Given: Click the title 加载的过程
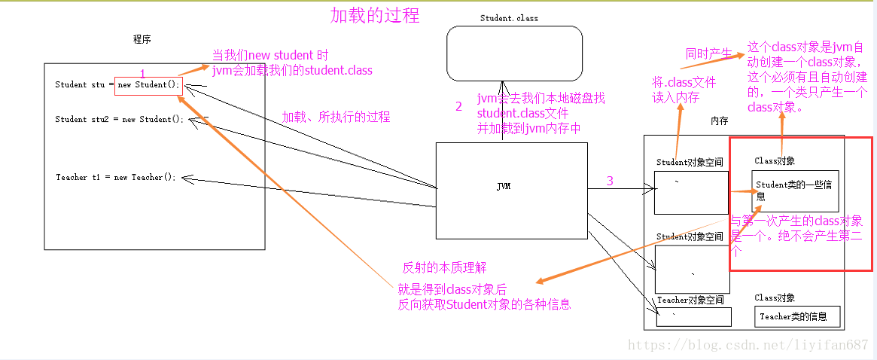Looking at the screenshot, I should [x=375, y=14].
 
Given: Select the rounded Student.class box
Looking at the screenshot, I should [x=514, y=53].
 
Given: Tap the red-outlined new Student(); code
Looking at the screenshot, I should [x=148, y=84].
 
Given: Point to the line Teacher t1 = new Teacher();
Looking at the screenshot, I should [x=115, y=177].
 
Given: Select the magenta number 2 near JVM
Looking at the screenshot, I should [x=458, y=107].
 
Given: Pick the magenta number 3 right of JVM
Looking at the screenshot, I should [x=610, y=181].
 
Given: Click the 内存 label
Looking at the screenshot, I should [x=719, y=121].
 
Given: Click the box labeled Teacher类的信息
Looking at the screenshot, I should [x=796, y=316].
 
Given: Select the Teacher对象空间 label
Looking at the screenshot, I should [x=690, y=300].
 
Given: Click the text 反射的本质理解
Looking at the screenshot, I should [x=445, y=267].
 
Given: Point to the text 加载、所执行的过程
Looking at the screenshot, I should [x=336, y=117].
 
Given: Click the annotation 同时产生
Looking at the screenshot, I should [x=708, y=53].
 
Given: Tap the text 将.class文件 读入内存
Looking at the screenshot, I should [x=684, y=90].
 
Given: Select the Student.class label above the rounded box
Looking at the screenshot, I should [x=509, y=18].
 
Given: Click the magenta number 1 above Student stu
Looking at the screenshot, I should [x=142, y=72].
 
